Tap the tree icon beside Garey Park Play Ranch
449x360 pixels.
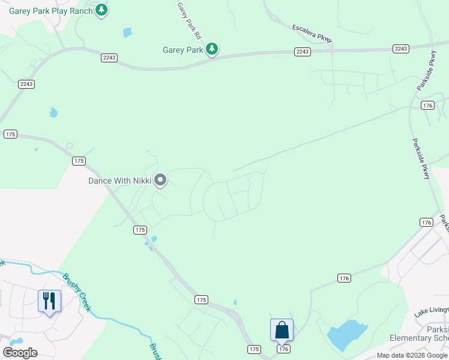[102, 10]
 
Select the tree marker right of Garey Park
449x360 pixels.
[211, 49]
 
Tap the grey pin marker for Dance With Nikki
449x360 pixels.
[160, 179]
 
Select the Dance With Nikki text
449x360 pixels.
[119, 180]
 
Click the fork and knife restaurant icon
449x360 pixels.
[49, 300]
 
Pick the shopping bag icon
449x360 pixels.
[282, 329]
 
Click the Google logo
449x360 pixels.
[20, 353]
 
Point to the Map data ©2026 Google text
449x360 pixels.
[412, 355]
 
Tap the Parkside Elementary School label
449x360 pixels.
[420, 333]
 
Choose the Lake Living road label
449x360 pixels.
[431, 312]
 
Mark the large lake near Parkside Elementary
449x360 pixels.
[348, 335]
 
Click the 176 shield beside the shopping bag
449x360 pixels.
[283, 349]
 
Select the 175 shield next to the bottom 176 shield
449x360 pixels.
[255, 349]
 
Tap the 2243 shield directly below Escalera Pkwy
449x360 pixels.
[303, 52]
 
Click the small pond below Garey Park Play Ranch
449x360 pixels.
[127, 32]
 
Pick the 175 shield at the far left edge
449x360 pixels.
[10, 134]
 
